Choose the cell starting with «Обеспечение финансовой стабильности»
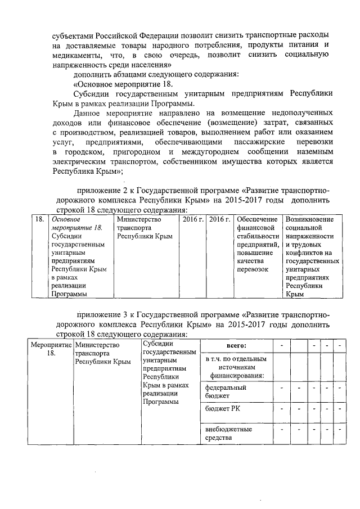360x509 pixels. (x=257, y=244)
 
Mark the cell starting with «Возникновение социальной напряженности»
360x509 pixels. (x=311, y=256)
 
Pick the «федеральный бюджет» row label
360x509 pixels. (x=226, y=391)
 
